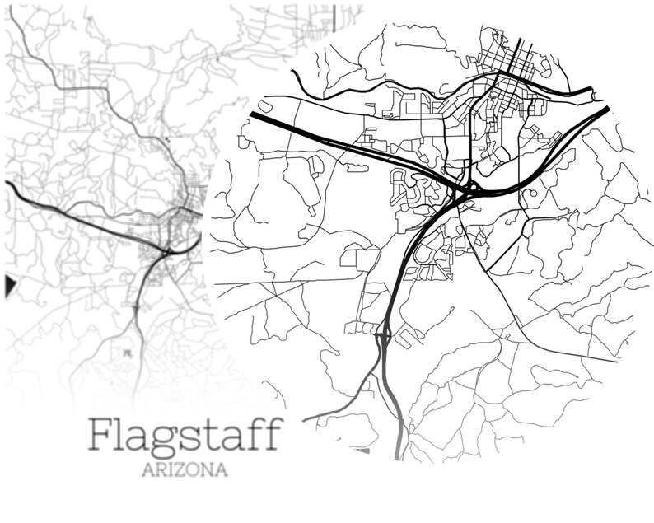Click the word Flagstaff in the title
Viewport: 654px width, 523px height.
(x=185, y=435)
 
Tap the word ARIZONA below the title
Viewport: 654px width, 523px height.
(x=185, y=472)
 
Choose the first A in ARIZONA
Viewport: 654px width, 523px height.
(x=150, y=472)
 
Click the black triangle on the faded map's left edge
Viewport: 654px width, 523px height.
(x=10, y=285)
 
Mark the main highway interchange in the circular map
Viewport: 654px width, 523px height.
(x=464, y=192)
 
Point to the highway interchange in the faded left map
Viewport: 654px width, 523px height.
(x=167, y=248)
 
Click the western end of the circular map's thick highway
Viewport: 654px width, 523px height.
(x=252, y=116)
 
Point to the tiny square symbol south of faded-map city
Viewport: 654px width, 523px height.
(x=127, y=353)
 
